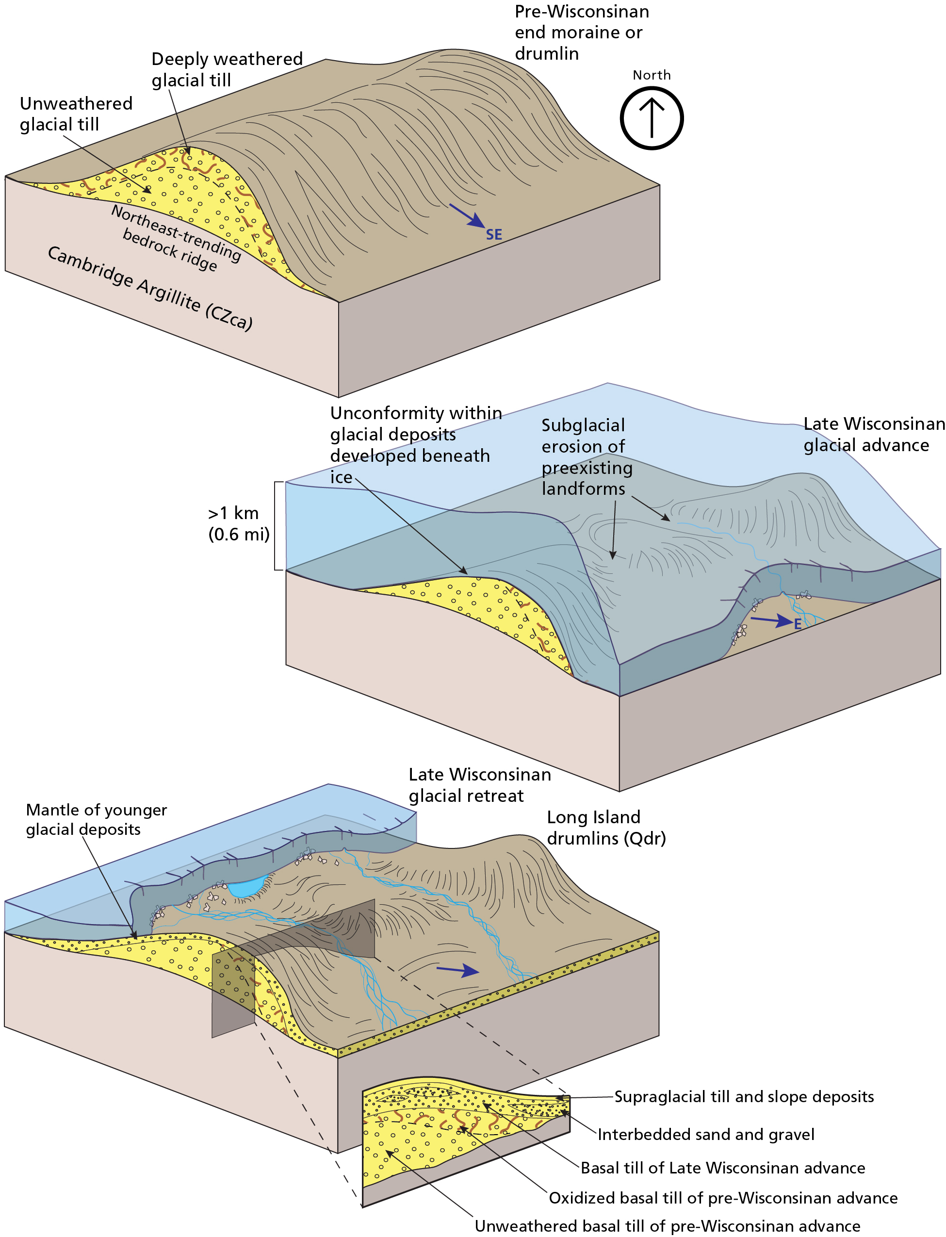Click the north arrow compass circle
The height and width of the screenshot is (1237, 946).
(x=652, y=118)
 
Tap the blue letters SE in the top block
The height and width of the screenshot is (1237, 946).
(x=494, y=235)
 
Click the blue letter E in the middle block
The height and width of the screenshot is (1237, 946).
(x=798, y=624)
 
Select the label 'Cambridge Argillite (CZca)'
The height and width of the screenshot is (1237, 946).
(x=150, y=288)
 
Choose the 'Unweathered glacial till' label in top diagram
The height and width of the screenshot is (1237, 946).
(x=76, y=114)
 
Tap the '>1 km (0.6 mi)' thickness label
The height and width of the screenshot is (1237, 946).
(x=238, y=523)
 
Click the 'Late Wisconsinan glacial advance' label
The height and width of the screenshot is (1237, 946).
(x=873, y=435)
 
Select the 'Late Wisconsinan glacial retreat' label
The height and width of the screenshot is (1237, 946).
(x=479, y=785)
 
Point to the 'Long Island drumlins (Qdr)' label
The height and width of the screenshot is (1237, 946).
(x=606, y=828)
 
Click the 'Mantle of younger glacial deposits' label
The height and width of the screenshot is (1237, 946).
(x=96, y=819)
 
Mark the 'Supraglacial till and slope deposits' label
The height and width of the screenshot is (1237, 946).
(x=743, y=1097)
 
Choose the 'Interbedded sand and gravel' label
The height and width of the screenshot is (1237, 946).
(x=705, y=1135)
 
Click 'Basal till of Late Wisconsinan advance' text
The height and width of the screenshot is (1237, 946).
(x=722, y=1168)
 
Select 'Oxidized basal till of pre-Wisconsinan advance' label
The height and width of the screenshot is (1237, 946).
(x=723, y=1198)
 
